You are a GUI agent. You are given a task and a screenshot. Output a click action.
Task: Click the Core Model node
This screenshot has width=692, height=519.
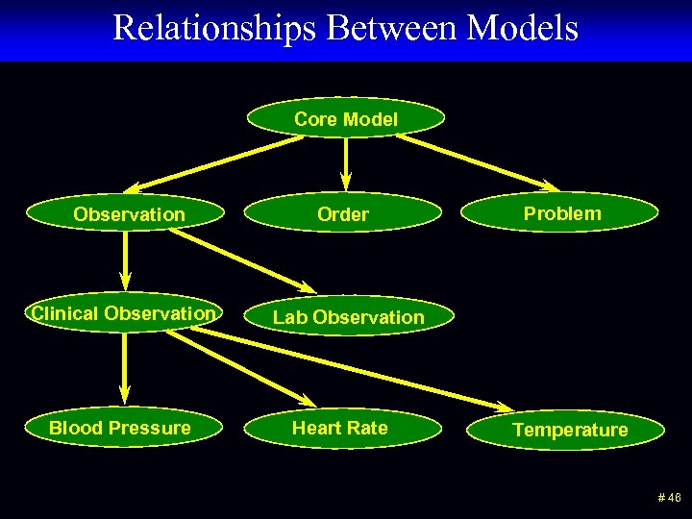coord(346,119)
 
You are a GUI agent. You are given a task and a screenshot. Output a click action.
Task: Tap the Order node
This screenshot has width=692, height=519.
coord(343,214)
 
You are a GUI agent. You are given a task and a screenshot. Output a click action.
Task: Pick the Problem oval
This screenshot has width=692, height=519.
coord(561,213)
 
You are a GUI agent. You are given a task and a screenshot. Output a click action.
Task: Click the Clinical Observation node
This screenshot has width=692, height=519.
coord(123,313)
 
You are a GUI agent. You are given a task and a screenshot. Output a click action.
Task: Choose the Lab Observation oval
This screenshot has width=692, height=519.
coord(348,316)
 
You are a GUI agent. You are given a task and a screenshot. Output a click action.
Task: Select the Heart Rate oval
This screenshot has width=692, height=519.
coord(340,428)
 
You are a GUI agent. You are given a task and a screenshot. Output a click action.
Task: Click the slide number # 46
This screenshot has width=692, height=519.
coord(669,498)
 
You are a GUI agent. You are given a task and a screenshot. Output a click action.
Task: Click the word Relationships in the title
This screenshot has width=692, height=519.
coord(214,28)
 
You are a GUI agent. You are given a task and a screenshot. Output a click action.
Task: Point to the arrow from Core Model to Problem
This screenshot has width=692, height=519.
coord(478,161)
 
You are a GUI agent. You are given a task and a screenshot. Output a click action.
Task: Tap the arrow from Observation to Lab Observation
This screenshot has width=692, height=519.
coord(242,260)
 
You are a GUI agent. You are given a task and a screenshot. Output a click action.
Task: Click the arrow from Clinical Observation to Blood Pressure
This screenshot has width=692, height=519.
coord(124,365)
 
